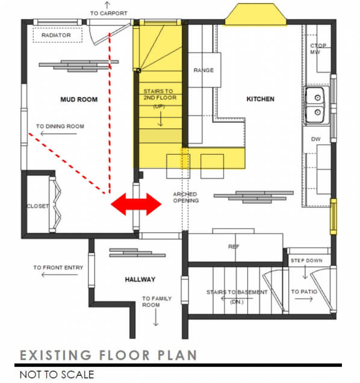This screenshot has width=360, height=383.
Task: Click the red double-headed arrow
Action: [x=136, y=204]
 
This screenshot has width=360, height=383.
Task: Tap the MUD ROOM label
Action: [x=79, y=99]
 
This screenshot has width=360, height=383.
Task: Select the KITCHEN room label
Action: [x=260, y=99]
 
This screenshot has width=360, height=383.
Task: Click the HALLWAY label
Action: [x=140, y=279]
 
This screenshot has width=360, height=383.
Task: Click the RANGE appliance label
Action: [x=203, y=70]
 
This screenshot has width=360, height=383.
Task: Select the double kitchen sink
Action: [x=315, y=105]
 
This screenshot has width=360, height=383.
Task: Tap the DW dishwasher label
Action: [x=316, y=139]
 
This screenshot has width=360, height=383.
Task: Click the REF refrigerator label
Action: [x=234, y=247]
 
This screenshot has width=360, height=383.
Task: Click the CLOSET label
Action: [x=37, y=206]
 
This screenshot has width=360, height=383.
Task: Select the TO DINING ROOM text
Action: [x=60, y=126]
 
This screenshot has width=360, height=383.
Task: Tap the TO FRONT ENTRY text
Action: [x=58, y=267]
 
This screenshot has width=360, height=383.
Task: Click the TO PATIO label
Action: [x=304, y=291]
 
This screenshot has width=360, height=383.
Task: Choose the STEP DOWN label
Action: [x=306, y=261]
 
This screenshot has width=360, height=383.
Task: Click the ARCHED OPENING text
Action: [x=185, y=197]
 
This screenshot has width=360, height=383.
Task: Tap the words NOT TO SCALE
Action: [x=57, y=374]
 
